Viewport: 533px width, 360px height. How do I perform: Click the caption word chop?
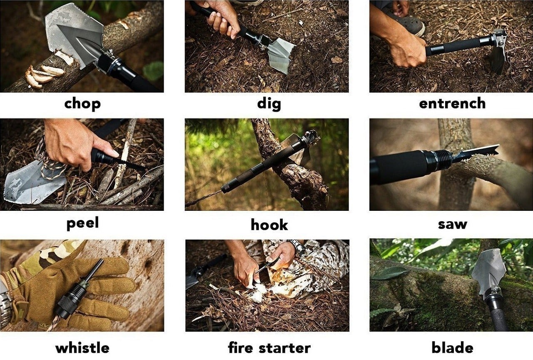(x=82, y=104)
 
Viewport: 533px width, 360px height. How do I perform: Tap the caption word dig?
(x=269, y=104)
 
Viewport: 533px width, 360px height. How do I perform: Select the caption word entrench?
(x=452, y=103)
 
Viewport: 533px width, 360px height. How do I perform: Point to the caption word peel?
(x=82, y=223)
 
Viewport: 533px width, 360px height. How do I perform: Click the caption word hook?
(x=269, y=225)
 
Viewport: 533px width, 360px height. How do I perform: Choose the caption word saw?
(x=452, y=225)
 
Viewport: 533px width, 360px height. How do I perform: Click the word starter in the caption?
(x=284, y=348)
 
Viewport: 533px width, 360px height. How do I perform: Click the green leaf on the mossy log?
(x=389, y=273)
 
